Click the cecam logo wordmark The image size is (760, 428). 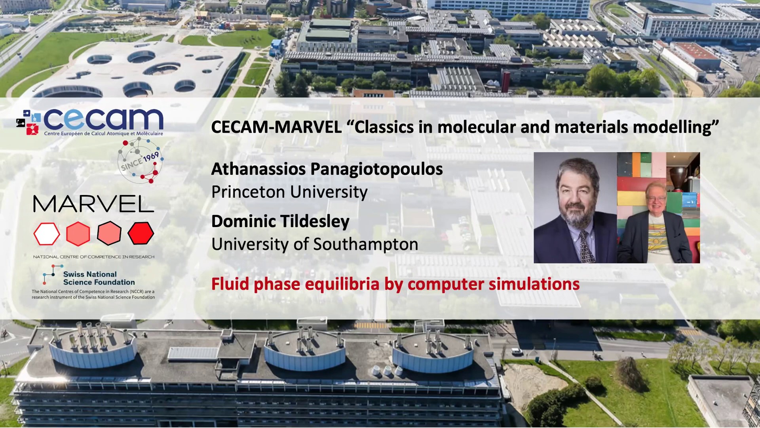point(103,119)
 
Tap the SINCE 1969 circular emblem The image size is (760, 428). point(140,161)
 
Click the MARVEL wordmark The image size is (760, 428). point(93,204)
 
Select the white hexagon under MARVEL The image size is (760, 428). point(47,234)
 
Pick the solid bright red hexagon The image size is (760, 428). point(141,233)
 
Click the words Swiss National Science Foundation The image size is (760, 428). point(99,278)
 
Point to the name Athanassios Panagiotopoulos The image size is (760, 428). point(327,169)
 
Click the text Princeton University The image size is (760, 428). point(289,192)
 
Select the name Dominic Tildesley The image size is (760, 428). point(280,221)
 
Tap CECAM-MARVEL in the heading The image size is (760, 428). point(276,127)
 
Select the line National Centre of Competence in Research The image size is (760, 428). point(94,257)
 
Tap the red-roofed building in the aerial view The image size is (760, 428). point(696,51)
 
